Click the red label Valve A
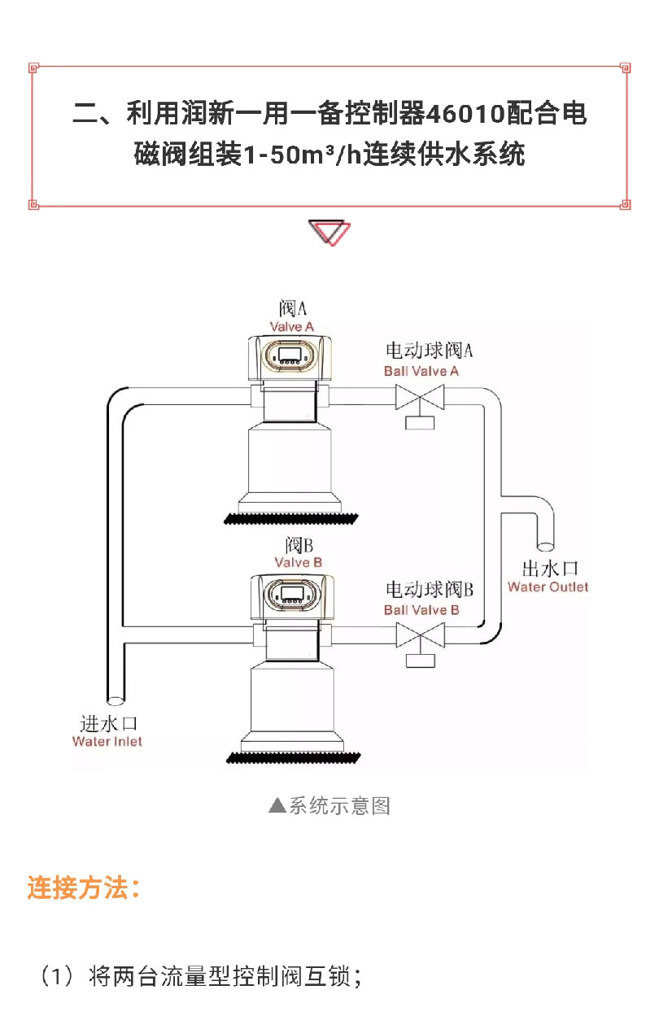(x=292, y=327)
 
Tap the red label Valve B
(x=298, y=562)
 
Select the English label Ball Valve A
(x=421, y=371)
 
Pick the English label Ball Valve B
(x=421, y=609)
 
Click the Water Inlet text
(x=107, y=741)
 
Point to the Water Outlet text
(x=548, y=586)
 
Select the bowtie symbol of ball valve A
(x=421, y=398)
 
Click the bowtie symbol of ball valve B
(x=421, y=634)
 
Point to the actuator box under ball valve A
(x=421, y=422)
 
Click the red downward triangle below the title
(x=329, y=233)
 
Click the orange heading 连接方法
(x=84, y=887)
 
